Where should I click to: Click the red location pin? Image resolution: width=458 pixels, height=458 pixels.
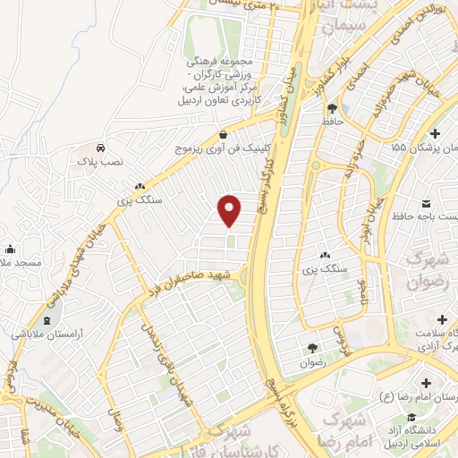[231, 209]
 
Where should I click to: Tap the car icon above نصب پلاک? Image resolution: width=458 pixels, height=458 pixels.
[101, 148]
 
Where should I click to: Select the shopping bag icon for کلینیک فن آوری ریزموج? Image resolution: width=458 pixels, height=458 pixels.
[222, 135]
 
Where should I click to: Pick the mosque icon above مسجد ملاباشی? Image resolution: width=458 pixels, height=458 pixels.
[10, 249]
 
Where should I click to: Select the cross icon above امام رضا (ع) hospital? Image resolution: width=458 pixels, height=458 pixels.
[424, 383]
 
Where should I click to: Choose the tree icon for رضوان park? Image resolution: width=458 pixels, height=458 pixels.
[311, 349]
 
